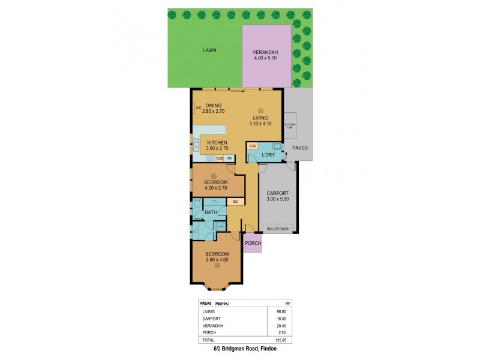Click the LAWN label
coord(209,50)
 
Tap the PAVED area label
coord(299,148)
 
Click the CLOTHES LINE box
coord(290,125)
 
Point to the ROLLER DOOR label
coord(277,229)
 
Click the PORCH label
coord(253,243)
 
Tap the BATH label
coord(211,212)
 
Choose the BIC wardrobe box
coord(236,202)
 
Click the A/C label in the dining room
coord(198,109)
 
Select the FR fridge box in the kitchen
coord(229,158)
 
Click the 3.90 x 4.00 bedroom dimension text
coord(217,259)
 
